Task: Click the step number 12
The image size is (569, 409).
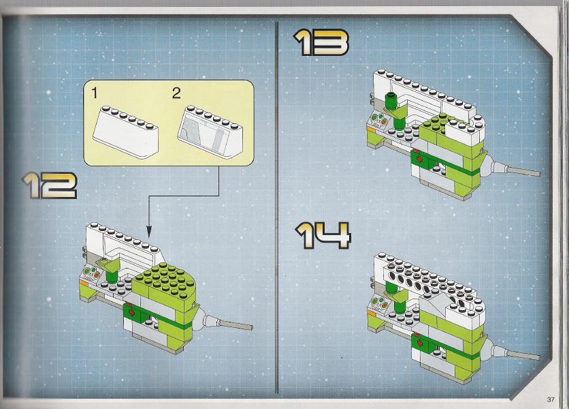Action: point(50,185)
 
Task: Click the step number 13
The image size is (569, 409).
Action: point(321,42)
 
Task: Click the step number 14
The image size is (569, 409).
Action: point(323,236)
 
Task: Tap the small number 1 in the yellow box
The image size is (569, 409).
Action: point(95,93)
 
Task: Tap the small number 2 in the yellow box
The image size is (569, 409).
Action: point(176,93)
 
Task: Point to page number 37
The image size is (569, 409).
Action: point(551,399)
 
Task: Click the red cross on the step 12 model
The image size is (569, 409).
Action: point(131,313)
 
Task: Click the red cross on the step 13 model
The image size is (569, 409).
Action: point(420,160)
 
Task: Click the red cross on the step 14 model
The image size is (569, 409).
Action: point(420,342)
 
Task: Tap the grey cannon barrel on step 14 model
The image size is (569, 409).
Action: point(523,354)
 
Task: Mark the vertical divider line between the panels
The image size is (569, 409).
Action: point(277,207)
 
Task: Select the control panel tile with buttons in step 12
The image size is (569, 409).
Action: point(92,273)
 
